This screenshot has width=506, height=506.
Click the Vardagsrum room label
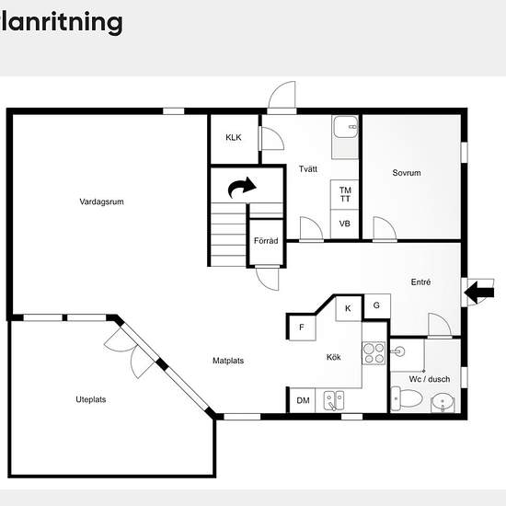click(x=101, y=201)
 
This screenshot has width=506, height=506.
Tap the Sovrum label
click(x=407, y=173)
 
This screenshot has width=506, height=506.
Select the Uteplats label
click(x=91, y=399)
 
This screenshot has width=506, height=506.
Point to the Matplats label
click(x=228, y=361)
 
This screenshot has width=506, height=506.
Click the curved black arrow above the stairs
click(x=241, y=187)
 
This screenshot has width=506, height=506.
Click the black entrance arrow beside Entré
click(x=479, y=293)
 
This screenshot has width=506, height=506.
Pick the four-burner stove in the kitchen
click(x=374, y=353)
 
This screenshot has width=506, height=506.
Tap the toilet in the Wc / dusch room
click(x=407, y=398)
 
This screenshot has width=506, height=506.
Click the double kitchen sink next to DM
click(x=334, y=400)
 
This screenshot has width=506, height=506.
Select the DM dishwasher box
click(x=303, y=400)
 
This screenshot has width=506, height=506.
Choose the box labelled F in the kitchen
click(x=302, y=328)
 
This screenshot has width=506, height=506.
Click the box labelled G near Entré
click(x=376, y=305)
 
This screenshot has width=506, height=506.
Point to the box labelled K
click(x=348, y=308)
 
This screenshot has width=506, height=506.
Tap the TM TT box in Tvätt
click(x=345, y=195)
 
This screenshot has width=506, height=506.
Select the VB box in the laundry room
click(x=345, y=224)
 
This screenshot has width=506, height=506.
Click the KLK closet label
click(x=234, y=137)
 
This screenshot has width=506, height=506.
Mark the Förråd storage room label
click(x=266, y=241)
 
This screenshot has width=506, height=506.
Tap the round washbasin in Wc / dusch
click(x=443, y=402)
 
